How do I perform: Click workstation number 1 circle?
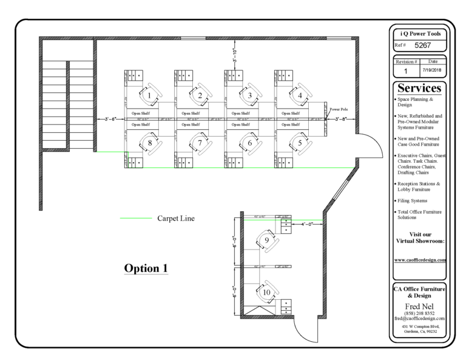[x=149, y=95]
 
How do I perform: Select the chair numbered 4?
[x=299, y=95]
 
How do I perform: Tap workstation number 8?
[x=149, y=143]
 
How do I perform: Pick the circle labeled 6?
[x=249, y=143]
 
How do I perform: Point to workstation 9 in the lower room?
[x=267, y=241]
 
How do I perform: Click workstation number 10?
[x=267, y=293]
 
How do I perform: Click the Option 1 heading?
[x=146, y=268]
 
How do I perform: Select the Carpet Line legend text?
[x=177, y=218]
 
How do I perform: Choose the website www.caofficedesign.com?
[x=420, y=259]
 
